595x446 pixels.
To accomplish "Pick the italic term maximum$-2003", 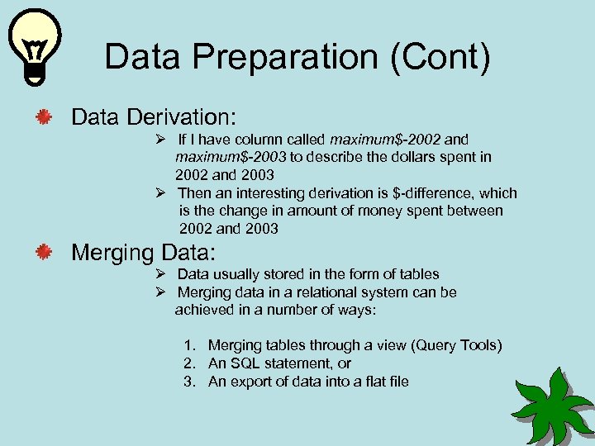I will [231, 157].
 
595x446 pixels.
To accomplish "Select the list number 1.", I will [189, 345].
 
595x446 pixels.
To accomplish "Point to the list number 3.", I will [189, 382].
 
